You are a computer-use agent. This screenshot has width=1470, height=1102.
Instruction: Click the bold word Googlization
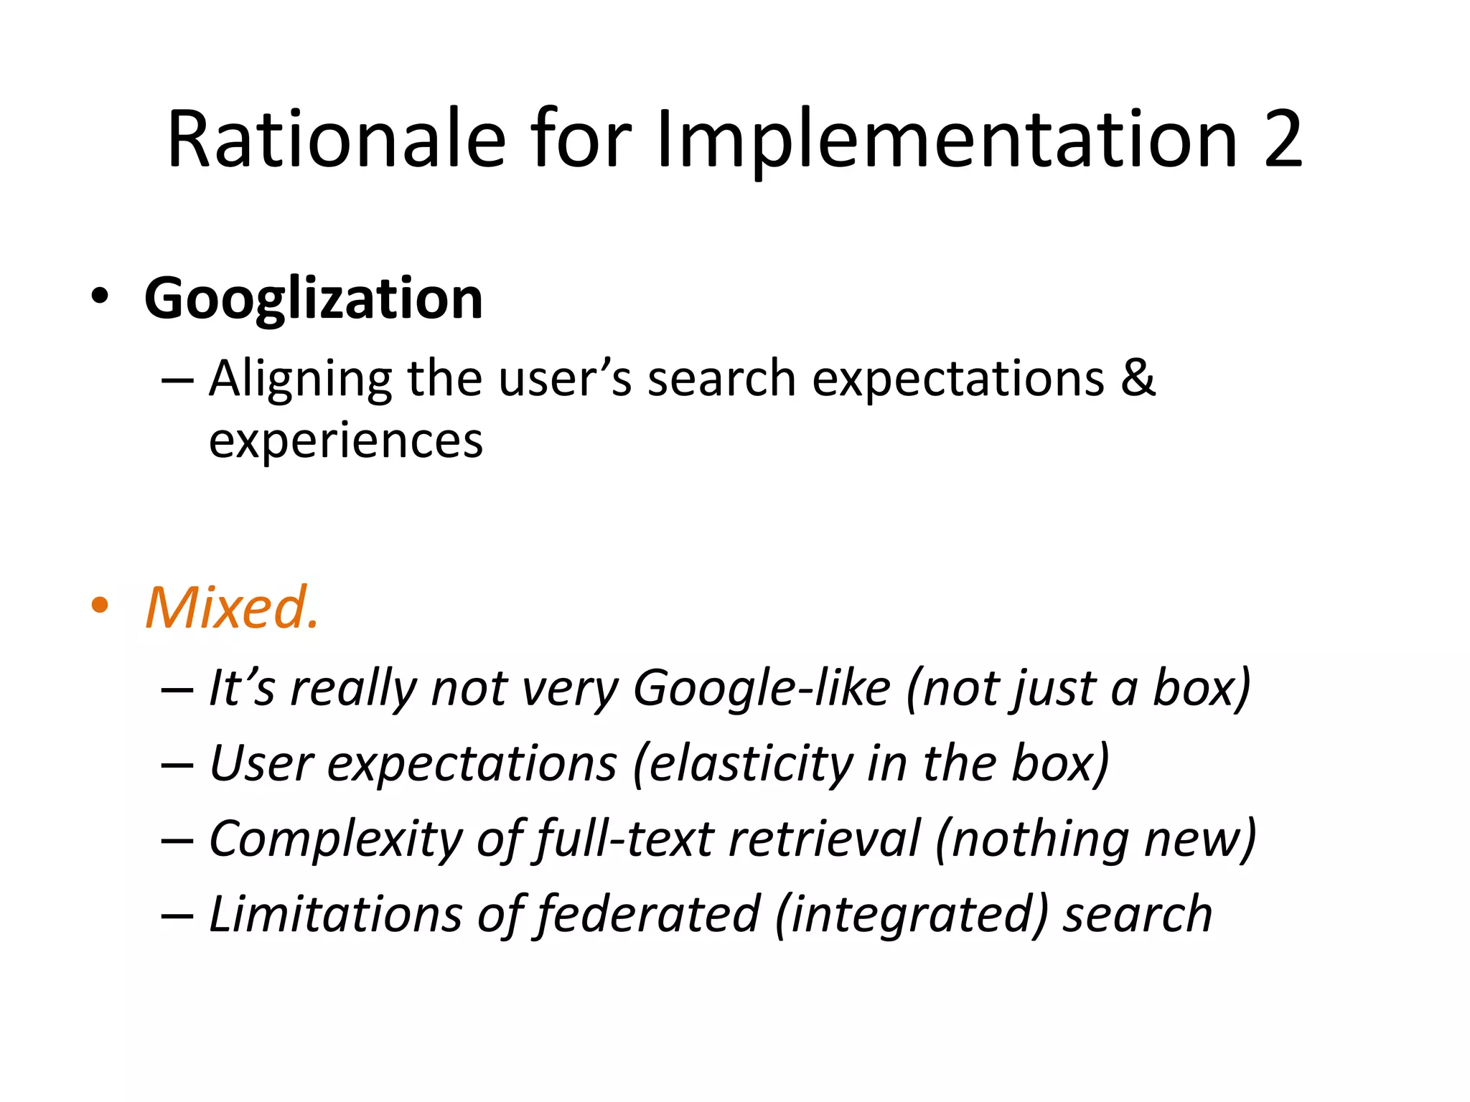[314, 298]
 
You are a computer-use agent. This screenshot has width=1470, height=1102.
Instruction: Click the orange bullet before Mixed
[100, 605]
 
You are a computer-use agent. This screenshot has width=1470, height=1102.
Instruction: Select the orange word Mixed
[231, 608]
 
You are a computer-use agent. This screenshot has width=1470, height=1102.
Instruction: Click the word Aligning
[300, 380]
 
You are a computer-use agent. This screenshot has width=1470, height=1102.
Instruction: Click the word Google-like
[762, 688]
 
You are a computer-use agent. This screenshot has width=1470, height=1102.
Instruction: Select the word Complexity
[336, 839]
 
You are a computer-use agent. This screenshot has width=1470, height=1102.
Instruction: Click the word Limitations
[335, 914]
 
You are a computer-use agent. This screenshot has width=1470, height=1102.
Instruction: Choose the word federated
[648, 914]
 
